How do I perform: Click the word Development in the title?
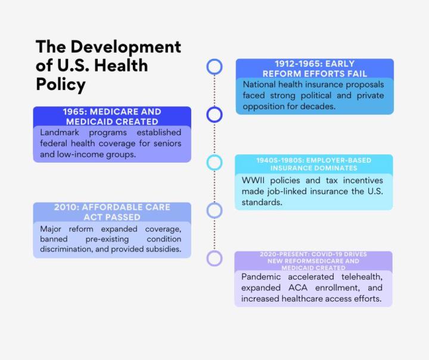point(128,46)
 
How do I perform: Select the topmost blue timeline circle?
point(214,66)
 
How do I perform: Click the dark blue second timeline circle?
point(214,114)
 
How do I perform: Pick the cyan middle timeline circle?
point(214,162)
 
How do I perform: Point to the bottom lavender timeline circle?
point(214,258)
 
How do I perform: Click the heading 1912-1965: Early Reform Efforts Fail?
point(315,69)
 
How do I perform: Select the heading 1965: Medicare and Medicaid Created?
point(112,116)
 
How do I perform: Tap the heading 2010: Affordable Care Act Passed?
point(112,212)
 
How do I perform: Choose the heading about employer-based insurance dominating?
point(313,164)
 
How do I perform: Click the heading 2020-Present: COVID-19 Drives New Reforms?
point(313,260)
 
